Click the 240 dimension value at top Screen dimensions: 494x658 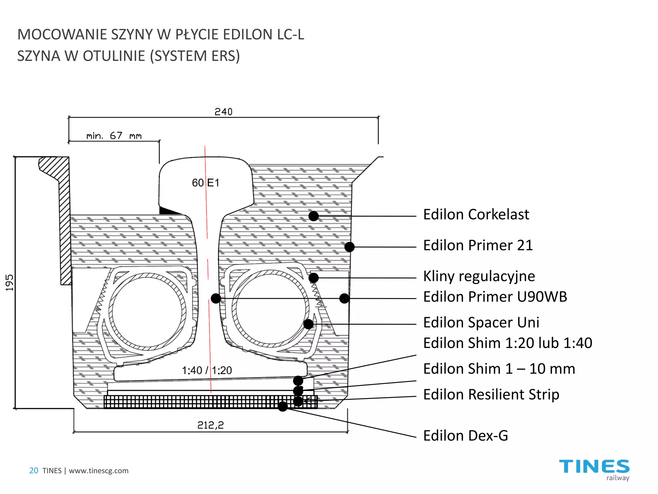click(x=223, y=112)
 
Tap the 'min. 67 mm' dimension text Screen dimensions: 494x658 click(x=114, y=136)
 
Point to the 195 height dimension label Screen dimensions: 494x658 click(x=10, y=283)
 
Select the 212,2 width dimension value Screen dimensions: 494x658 click(x=210, y=425)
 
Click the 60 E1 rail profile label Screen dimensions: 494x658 click(x=206, y=183)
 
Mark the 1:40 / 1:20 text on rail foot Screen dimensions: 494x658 click(x=207, y=370)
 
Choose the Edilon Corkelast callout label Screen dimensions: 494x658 click(x=476, y=215)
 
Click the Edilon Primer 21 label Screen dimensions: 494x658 click(x=478, y=245)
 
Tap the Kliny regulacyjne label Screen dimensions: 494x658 click(x=479, y=276)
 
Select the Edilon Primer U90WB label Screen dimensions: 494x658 click(x=495, y=297)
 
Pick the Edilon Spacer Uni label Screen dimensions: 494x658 click(x=481, y=323)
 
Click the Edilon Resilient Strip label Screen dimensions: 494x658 click(x=491, y=395)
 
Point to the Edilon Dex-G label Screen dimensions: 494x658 click(x=466, y=436)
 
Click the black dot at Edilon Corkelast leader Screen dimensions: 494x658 click(x=314, y=216)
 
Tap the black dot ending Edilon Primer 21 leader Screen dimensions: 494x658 click(x=350, y=247)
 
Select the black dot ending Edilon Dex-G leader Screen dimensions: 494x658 click(x=283, y=407)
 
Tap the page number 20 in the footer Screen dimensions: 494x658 click(x=34, y=471)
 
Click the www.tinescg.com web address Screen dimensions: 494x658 click(x=99, y=471)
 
